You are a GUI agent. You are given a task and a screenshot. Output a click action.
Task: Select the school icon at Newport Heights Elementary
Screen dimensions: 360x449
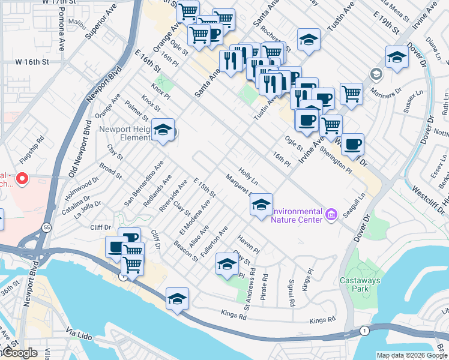click(x=163, y=130)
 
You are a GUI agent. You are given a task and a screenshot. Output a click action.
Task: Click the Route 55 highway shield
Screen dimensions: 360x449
click(x=46, y=227)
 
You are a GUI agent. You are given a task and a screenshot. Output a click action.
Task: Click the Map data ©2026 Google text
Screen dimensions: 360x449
click(x=411, y=355)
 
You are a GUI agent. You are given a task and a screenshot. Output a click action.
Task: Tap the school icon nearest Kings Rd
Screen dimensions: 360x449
click(x=177, y=299)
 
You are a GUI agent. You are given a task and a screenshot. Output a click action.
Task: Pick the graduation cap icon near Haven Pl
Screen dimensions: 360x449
click(x=226, y=265)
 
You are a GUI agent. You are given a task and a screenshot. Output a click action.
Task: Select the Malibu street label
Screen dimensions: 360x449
click(x=77, y=23)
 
